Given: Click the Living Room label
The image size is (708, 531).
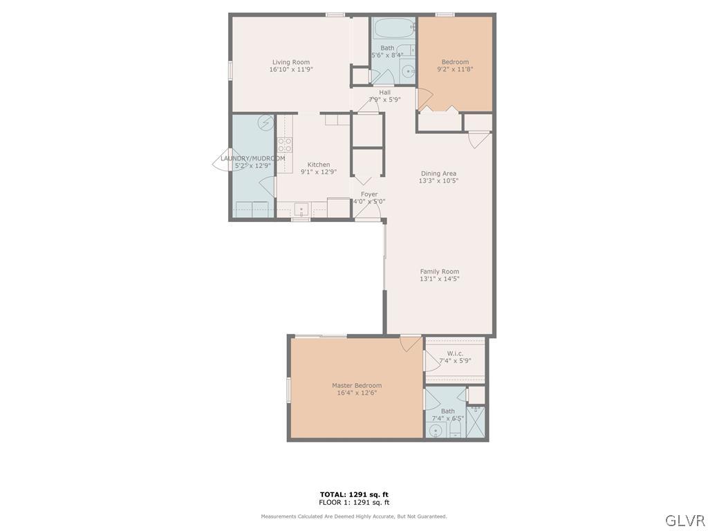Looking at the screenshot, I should [x=291, y=62].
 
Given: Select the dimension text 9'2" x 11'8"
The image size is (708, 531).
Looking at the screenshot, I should [x=455, y=69].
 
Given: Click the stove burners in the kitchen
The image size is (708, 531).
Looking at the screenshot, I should [x=284, y=145].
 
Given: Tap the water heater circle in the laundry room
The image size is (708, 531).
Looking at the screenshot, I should [x=265, y=123].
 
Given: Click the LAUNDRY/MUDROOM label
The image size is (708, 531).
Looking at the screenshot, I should [x=252, y=158].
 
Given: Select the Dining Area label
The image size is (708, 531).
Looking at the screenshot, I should [x=439, y=174].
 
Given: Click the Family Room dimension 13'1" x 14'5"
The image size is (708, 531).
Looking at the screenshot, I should [x=439, y=279].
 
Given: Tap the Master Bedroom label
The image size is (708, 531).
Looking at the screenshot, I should [x=357, y=385].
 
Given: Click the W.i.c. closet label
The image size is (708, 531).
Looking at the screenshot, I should [x=455, y=353].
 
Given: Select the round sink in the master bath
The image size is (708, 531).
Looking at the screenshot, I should [x=436, y=431].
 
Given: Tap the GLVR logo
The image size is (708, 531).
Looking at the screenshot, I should [x=684, y=520].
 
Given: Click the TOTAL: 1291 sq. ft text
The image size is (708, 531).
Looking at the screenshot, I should [x=354, y=494].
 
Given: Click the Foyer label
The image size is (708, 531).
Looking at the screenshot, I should [x=369, y=194].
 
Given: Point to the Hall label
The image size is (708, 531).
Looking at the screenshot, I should [x=384, y=92].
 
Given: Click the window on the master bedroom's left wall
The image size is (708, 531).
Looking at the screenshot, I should [x=288, y=389].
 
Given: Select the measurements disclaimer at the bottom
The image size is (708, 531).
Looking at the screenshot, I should [x=354, y=516].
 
